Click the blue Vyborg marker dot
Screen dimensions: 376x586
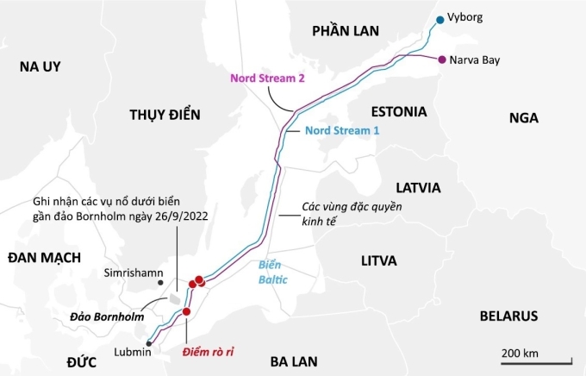tap(440, 19)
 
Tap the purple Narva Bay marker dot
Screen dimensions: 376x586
tap(442, 60)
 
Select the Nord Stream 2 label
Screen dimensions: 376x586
tap(267, 78)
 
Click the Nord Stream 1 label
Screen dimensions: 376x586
tap(342, 130)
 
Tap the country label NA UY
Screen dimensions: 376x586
tap(41, 67)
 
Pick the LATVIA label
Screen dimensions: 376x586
tap(418, 187)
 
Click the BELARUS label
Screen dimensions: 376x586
tap(508, 316)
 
